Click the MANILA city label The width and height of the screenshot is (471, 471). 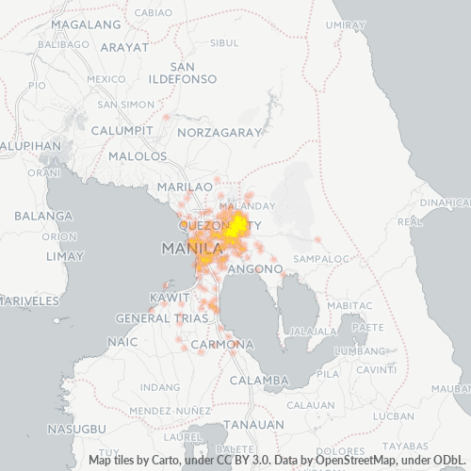[194, 249]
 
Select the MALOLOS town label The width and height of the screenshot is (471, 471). [138, 155]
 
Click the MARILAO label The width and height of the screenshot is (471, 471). [185, 187]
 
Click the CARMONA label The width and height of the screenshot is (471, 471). [220, 346]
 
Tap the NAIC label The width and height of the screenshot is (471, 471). [123, 343]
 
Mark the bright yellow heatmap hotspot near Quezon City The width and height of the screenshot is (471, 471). [238, 224]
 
